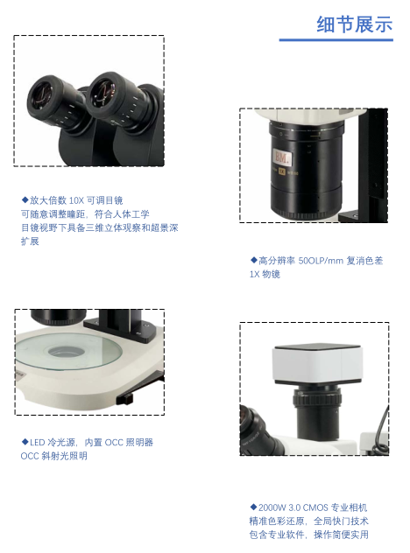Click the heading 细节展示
click(x=355, y=24)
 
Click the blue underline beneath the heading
click(x=336, y=40)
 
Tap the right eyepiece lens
click(x=104, y=93)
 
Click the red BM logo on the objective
click(x=282, y=157)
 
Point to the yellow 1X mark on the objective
click(x=281, y=171)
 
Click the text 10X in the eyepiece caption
click(x=76, y=200)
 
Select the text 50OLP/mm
click(x=321, y=261)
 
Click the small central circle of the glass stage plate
click(x=65, y=351)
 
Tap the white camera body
click(x=317, y=364)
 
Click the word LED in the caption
click(x=38, y=443)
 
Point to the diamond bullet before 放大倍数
click(x=25, y=200)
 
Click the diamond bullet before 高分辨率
click(x=253, y=260)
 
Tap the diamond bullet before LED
click(x=25, y=442)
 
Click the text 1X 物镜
click(x=265, y=275)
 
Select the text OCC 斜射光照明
click(x=53, y=456)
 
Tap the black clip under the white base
click(x=125, y=399)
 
